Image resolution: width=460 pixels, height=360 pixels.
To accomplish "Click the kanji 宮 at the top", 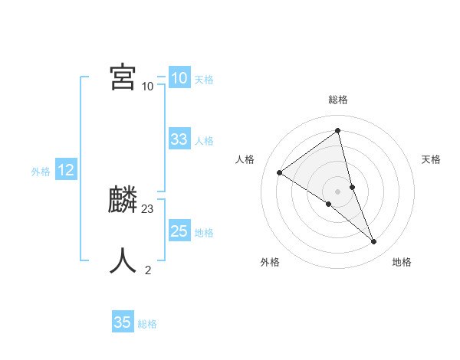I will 123,78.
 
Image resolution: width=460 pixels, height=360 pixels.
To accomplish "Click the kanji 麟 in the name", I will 123,201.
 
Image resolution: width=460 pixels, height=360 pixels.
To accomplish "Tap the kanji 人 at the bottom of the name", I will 123,260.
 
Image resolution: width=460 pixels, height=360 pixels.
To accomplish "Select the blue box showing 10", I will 179,78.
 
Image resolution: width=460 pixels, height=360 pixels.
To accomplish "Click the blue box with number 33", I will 179,139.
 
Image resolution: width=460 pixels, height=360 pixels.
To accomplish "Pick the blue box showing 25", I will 179,231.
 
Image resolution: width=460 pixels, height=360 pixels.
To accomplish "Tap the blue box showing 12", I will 66,170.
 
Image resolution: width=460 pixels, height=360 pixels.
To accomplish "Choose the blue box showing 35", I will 123,322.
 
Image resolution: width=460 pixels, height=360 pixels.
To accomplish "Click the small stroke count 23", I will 148,208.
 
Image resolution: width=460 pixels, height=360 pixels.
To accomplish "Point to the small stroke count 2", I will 148,270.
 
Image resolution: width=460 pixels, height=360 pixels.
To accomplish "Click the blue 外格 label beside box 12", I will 41,172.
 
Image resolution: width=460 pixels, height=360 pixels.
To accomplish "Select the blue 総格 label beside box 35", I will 147,324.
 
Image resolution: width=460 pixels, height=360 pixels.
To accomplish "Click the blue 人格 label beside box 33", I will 204,141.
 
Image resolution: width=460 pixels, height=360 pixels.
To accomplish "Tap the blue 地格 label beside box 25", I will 204,233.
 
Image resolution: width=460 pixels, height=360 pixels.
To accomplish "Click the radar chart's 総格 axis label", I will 337,100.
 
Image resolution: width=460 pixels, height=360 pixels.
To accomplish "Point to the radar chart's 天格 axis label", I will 431,159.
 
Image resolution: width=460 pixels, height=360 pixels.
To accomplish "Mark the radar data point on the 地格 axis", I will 374,242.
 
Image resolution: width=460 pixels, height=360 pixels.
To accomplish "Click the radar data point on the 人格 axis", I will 280,172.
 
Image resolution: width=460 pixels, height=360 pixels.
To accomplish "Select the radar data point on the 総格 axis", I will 337,131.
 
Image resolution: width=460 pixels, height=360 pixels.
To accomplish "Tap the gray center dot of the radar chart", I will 337,191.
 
